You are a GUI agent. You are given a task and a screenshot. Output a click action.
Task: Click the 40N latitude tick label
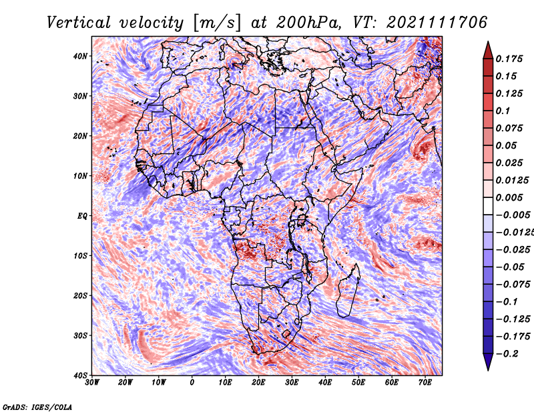pyautogui.click(x=80, y=56)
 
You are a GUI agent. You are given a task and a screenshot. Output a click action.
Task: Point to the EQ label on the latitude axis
pyautogui.click(x=82, y=216)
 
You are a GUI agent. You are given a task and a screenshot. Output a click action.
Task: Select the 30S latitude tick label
pyautogui.click(x=80, y=335)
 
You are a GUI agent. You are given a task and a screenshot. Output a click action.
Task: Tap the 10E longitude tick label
pyautogui.click(x=225, y=383)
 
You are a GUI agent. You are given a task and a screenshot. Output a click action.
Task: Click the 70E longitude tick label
pyautogui.click(x=425, y=383)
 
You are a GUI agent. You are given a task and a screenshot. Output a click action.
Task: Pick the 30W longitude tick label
pyautogui.click(x=92, y=383)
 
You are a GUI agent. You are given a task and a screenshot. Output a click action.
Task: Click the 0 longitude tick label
pyautogui.click(x=192, y=383)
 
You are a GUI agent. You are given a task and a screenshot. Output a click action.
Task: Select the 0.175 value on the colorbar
pyautogui.click(x=509, y=59)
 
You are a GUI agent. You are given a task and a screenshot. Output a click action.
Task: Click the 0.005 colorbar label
pyautogui.click(x=509, y=197)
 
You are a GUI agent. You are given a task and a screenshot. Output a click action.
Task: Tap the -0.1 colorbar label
pyautogui.click(x=507, y=302)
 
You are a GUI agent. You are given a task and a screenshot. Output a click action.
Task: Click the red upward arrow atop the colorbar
pyautogui.click(x=488, y=50)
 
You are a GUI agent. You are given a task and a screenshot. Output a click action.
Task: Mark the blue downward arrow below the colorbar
pyautogui.click(x=488, y=362)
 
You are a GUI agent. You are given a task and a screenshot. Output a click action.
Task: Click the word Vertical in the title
pyautogui.click(x=79, y=23)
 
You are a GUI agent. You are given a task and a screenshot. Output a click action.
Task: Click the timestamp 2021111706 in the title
pyautogui.click(x=437, y=23)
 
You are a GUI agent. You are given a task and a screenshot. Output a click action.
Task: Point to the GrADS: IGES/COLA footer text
pyautogui.click(x=37, y=407)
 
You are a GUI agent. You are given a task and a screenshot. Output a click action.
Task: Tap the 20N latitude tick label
pyautogui.click(x=80, y=136)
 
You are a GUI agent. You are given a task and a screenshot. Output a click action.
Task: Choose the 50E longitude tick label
pyautogui.click(x=358, y=383)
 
